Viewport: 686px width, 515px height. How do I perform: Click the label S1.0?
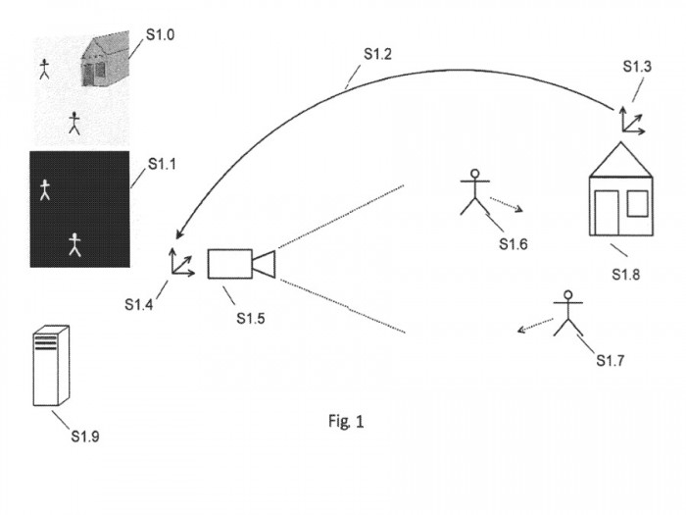(161, 34)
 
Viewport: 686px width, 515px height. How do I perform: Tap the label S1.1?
(162, 164)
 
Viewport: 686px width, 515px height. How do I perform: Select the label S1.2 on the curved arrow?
(377, 54)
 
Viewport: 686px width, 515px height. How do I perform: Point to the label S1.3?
(637, 67)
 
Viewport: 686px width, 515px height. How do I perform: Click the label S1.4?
(138, 305)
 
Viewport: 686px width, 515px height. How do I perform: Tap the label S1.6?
(513, 243)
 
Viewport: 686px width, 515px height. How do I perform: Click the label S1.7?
(611, 361)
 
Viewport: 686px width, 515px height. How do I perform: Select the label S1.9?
(85, 436)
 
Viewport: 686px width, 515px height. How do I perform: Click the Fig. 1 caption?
(346, 422)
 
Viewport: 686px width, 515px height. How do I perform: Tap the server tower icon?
(51, 366)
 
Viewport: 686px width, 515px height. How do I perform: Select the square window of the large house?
(637, 202)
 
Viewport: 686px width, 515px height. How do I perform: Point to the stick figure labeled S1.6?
(475, 193)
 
